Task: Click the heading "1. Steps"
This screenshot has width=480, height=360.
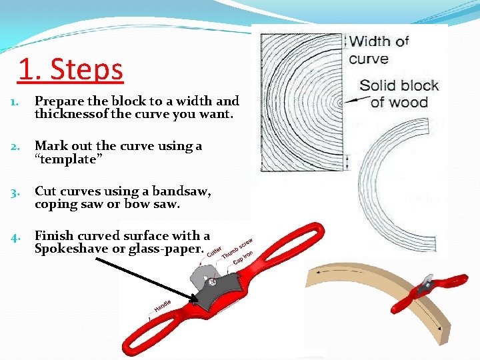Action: click(x=71, y=69)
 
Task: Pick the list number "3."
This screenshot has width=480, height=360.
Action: click(x=16, y=193)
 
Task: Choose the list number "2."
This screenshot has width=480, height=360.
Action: click(x=16, y=147)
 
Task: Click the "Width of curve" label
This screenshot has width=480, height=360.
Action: click(x=379, y=50)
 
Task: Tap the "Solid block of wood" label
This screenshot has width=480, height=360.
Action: click(x=399, y=93)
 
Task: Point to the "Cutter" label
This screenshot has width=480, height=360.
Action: click(x=214, y=253)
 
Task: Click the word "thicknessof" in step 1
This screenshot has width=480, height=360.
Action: click(x=72, y=113)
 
